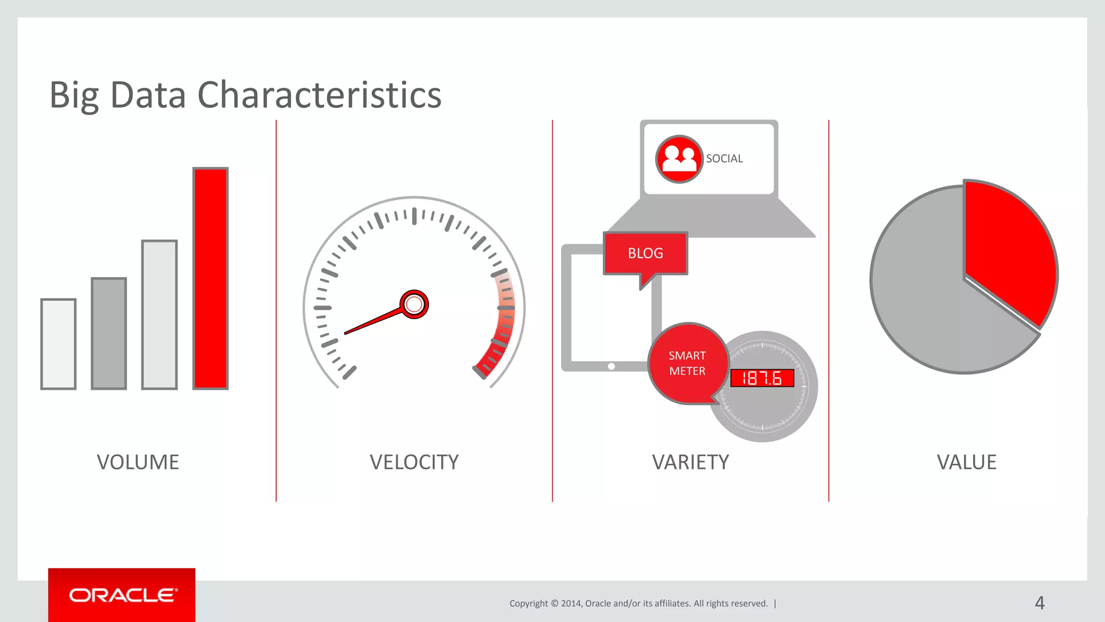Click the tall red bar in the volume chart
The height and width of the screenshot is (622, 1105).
[210, 278]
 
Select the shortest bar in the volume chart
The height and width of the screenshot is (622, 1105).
[58, 344]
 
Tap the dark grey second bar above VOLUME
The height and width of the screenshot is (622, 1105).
[109, 333]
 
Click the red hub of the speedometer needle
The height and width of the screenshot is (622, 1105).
[414, 305]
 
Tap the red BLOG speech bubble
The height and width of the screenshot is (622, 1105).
[645, 253]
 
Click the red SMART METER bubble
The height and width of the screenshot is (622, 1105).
[687, 363]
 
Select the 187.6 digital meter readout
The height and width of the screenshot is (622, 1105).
[762, 378]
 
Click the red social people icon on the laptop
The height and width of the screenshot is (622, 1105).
[679, 159]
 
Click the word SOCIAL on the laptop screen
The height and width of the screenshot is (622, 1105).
[724, 159]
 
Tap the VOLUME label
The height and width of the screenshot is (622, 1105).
[138, 462]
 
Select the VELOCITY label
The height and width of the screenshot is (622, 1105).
[414, 462]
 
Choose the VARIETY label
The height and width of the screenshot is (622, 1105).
[690, 462]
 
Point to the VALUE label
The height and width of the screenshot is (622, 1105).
[966, 462]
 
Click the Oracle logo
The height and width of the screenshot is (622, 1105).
[122, 595]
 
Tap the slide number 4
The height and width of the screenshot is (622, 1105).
[1040, 603]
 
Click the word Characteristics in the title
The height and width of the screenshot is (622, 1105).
[319, 95]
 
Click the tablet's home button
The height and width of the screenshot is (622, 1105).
[611, 366]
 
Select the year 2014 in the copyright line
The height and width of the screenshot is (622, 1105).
[571, 604]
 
